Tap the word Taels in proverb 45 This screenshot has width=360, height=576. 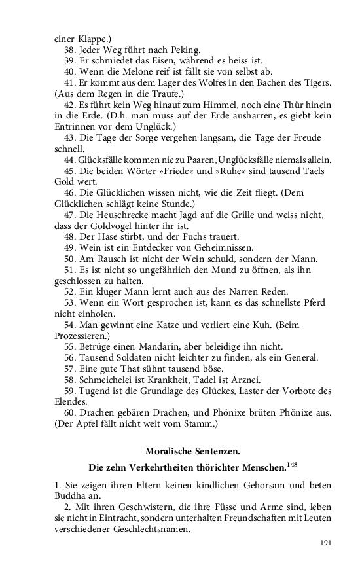point(317,171)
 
